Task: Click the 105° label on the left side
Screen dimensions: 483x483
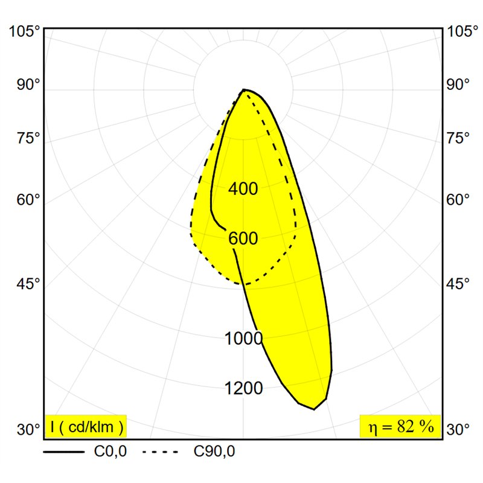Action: (25, 31)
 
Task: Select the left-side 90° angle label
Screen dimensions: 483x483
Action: (28, 85)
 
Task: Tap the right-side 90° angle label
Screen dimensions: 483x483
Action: (458, 85)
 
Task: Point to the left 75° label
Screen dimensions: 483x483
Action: (28, 138)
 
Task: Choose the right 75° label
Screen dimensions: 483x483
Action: (458, 138)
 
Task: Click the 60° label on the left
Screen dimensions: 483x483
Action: (28, 200)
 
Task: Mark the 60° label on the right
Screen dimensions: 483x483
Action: (458, 200)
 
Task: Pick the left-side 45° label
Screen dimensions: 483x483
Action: (28, 283)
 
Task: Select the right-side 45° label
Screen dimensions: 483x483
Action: (458, 283)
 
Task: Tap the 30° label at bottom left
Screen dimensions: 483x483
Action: (28, 429)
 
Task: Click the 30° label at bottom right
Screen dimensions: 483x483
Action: (458, 429)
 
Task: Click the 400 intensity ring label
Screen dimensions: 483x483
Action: (243, 188)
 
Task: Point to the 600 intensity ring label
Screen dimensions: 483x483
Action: (243, 238)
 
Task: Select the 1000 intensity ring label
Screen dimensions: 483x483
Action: (244, 338)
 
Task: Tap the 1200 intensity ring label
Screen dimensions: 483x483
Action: (244, 388)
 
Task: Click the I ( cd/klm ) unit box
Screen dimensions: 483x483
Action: (86, 426)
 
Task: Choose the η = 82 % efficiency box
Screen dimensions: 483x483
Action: (400, 426)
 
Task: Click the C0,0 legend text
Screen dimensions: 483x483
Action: (110, 452)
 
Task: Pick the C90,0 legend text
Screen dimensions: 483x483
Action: (214, 452)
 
